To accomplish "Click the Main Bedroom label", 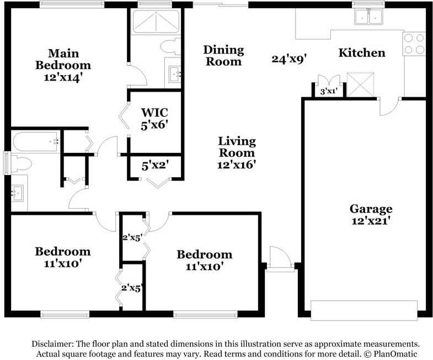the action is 63,59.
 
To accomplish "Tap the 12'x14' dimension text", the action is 63,77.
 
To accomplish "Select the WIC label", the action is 154,113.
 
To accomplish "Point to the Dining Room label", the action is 224,56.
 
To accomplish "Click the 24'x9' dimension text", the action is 289,59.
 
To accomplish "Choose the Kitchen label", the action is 362,52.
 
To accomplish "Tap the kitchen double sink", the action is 369,17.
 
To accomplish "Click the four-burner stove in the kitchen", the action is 414,44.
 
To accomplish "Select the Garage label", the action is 371,209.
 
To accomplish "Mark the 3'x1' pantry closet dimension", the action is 329,91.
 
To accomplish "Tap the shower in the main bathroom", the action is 156,21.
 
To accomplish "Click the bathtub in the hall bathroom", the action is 36,141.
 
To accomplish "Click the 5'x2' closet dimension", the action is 155,166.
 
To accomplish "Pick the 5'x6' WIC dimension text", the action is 154,125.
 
